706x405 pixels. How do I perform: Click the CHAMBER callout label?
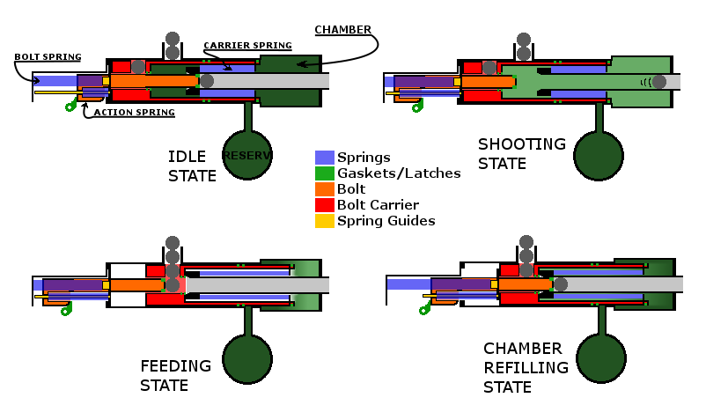click(x=342, y=29)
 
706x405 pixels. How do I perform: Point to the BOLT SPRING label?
click(x=48, y=57)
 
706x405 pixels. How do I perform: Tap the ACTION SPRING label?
click(x=134, y=113)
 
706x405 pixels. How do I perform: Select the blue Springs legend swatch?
click(x=324, y=158)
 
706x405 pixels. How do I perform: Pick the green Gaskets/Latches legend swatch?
click(x=324, y=173)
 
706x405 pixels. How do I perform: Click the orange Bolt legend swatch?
click(x=324, y=189)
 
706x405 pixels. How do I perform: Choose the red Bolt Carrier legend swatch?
click(x=324, y=205)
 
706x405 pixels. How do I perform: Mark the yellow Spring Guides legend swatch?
click(x=324, y=221)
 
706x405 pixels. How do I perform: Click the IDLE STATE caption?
click(x=192, y=166)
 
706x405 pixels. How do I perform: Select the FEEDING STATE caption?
click(x=175, y=375)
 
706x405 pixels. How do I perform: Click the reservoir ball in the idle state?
click(x=246, y=155)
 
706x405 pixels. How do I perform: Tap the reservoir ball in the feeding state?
click(x=246, y=357)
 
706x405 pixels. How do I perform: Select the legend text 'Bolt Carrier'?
click(x=385, y=205)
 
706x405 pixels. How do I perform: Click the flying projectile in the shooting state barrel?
click(x=673, y=81)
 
